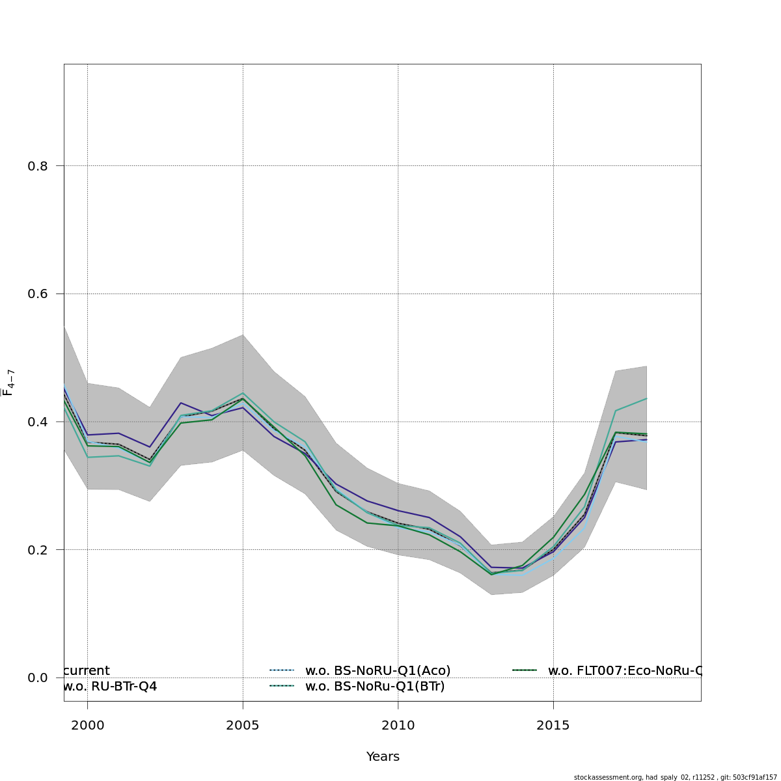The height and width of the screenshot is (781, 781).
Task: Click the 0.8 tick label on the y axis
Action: [x=38, y=166]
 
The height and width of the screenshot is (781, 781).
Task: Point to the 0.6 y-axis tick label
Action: [x=38, y=294]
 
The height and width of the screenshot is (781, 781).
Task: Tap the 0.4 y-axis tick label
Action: [x=38, y=422]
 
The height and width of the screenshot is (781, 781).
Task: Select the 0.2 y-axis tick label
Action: [x=38, y=550]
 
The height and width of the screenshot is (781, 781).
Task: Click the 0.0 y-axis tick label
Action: [x=38, y=678]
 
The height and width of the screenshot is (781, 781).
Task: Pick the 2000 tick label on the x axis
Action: [x=87, y=725]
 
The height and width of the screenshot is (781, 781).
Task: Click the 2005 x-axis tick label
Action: [x=243, y=725]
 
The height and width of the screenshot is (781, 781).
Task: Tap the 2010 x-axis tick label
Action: [x=398, y=725]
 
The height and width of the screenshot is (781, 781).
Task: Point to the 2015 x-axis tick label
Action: [x=553, y=725]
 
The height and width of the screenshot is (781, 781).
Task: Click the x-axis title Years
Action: [x=383, y=757]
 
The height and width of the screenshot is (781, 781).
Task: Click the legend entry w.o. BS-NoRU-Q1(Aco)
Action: [x=377, y=670]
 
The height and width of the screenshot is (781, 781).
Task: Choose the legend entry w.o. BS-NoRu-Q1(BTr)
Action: [x=375, y=686]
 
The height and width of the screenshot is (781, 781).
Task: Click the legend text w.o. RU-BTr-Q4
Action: [x=110, y=686]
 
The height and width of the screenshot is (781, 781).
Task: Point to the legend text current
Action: [x=87, y=670]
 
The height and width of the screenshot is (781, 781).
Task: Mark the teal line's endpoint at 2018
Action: [x=646, y=398]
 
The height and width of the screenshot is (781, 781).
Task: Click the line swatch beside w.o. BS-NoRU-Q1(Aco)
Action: [x=282, y=670]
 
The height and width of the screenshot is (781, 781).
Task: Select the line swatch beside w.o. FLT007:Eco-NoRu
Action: [x=525, y=670]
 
